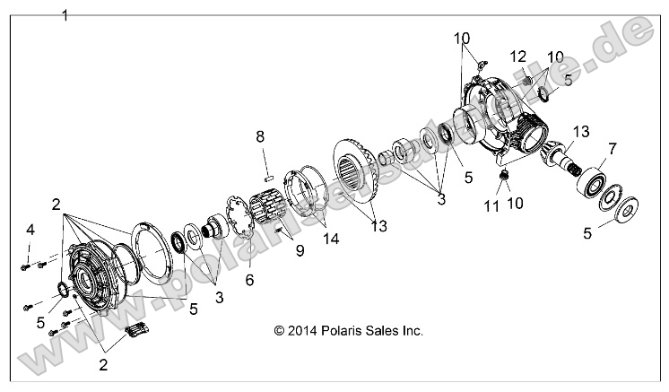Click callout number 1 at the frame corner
pyautogui.click(x=65, y=15)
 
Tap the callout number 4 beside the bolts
pyautogui.click(x=30, y=231)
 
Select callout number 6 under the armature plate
pyautogui.click(x=249, y=280)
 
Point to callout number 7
pyautogui.click(x=612, y=147)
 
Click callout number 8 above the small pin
pyautogui.click(x=260, y=136)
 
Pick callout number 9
pyautogui.click(x=300, y=252)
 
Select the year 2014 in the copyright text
pyautogui.click(x=297, y=330)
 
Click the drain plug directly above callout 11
pyautogui.click(x=505, y=174)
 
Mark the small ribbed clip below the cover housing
pyautogui.click(x=138, y=332)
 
